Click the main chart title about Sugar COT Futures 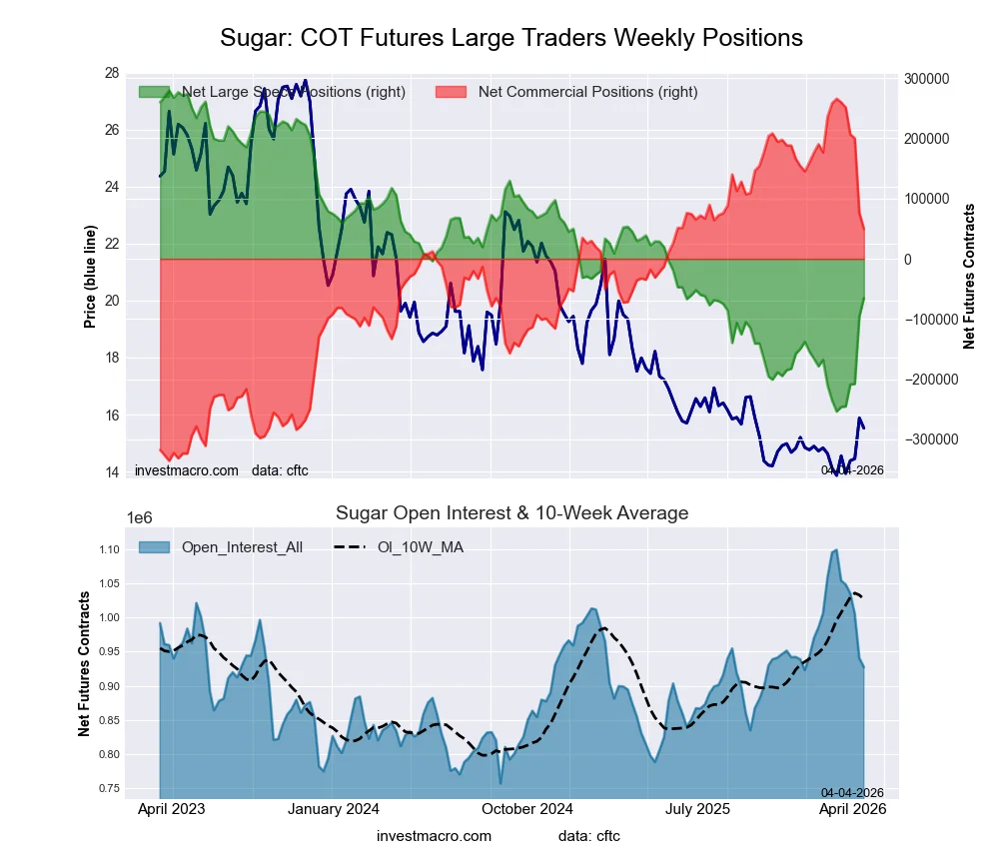click(510, 38)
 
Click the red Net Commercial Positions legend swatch click(452, 92)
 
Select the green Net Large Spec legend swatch click(154, 92)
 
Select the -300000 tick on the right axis click(922, 439)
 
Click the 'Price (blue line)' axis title click(90, 276)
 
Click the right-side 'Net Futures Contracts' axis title click(968, 276)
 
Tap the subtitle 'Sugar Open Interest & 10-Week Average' click(511, 513)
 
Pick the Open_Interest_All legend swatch click(154, 547)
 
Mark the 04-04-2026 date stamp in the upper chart click(852, 469)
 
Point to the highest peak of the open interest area click(836, 550)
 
